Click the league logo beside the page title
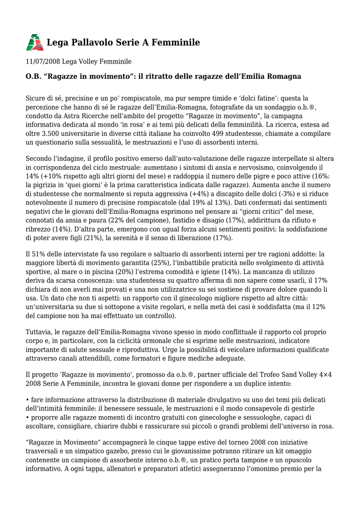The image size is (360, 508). coord(35,43)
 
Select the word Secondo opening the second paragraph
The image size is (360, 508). coord(40,158)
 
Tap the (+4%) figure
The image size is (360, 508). coord(201,194)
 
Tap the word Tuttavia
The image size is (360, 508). coord(41,331)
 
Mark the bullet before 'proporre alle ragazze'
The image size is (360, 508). coord(27,417)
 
